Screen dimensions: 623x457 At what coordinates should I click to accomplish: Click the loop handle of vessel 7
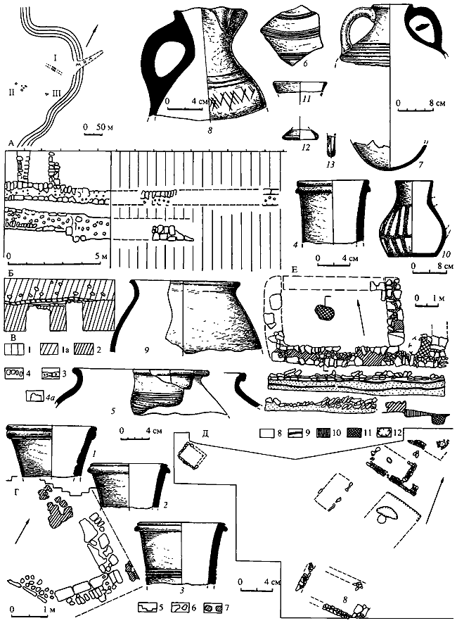pyautogui.click(x=356, y=31)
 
